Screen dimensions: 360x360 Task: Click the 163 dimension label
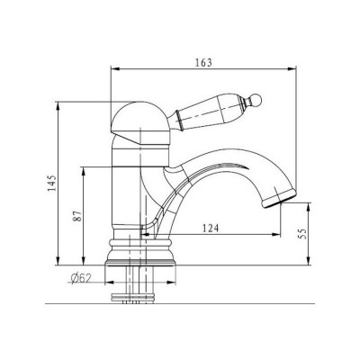tap(203, 63)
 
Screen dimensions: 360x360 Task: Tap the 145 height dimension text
tap(52, 184)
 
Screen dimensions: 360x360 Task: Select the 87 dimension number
tap(78, 216)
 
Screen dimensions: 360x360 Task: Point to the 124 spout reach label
tap(211, 229)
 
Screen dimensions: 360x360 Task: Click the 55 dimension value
tap(302, 234)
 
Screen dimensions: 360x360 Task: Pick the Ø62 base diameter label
tap(81, 279)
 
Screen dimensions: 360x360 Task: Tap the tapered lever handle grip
tap(209, 111)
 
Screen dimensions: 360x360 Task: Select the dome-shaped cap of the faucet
tap(140, 123)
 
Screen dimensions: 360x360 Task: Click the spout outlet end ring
tap(279, 199)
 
